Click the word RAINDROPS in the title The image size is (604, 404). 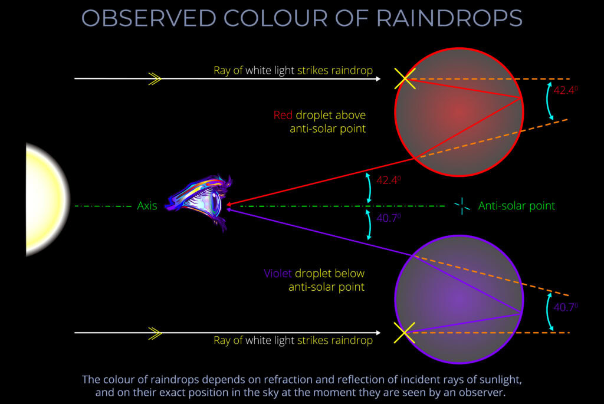point(450,18)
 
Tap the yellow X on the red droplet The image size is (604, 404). point(405,78)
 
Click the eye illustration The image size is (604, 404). point(200,202)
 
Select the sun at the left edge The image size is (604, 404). point(44,200)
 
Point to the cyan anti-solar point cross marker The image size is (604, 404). point(462,206)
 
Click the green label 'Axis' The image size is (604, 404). point(147,206)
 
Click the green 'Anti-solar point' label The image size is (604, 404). point(517,206)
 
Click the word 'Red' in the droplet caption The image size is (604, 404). point(283,115)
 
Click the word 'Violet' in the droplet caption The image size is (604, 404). point(277,274)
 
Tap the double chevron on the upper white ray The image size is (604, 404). point(155,78)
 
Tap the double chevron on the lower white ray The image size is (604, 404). point(155,333)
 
